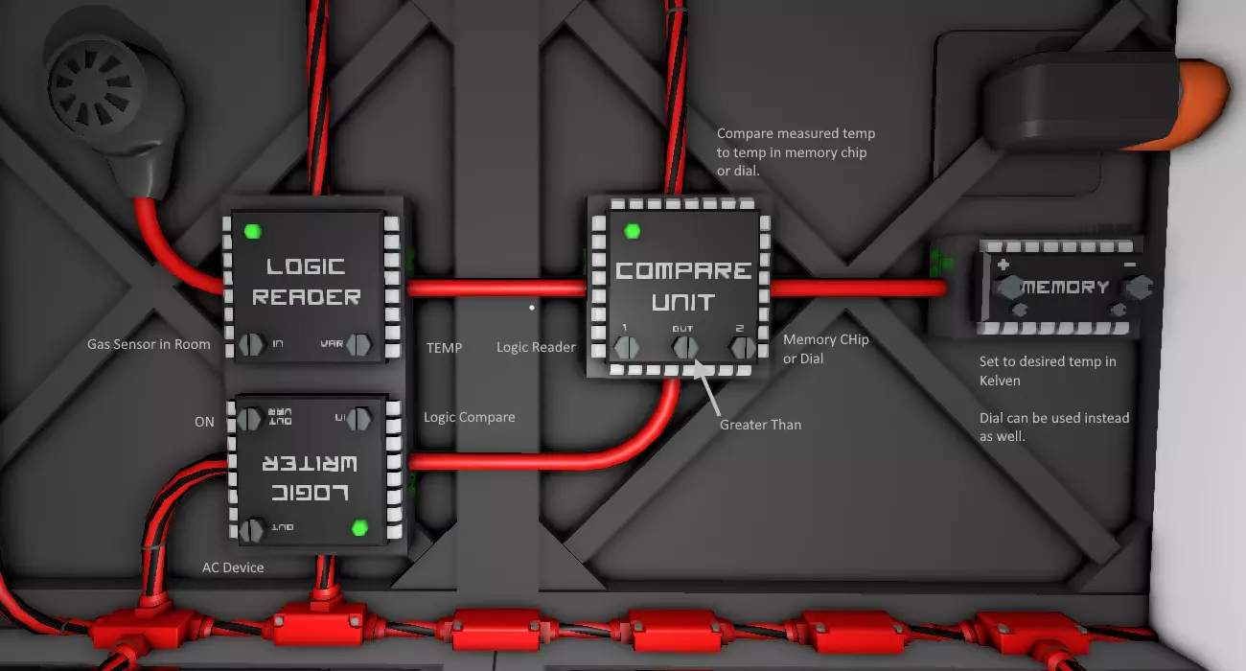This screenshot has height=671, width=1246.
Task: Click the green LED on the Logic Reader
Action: [253, 231]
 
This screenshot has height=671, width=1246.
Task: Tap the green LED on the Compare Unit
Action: [632, 231]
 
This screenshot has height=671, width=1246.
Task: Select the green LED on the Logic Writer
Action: [360, 527]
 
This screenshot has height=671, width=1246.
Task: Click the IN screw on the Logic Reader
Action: [251, 344]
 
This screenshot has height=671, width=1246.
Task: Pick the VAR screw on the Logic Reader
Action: [359, 344]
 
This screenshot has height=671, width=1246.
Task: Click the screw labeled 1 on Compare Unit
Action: [627, 346]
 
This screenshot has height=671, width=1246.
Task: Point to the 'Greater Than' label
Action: [760, 424]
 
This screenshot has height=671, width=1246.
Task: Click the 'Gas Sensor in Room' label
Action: [149, 344]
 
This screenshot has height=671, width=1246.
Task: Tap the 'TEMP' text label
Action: [444, 348]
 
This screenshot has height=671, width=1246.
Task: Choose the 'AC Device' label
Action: [233, 567]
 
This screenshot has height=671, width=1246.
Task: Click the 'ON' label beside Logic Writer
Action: [204, 422]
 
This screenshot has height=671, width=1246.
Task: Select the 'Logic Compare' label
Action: [470, 417]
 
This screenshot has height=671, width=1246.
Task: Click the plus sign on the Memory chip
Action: [1004, 264]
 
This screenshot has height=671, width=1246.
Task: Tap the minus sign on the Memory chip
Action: [1129, 264]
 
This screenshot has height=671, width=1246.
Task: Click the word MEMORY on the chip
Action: [1065, 287]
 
